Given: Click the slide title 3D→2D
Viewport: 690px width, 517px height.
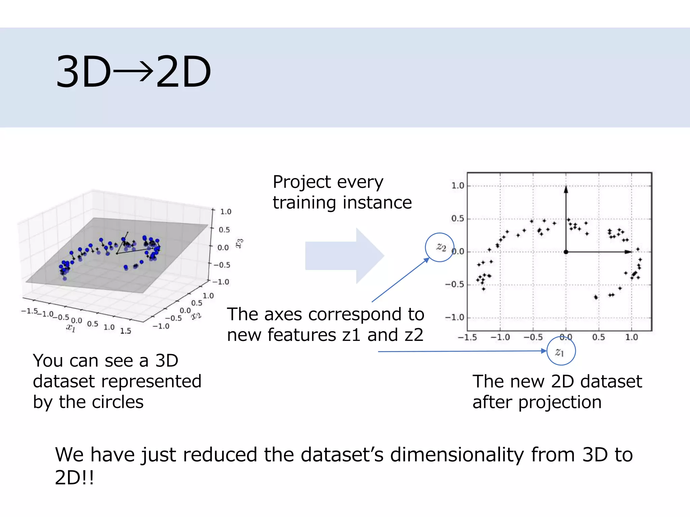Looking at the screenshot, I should (133, 72).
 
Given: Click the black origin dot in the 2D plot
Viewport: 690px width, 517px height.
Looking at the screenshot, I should (566, 252).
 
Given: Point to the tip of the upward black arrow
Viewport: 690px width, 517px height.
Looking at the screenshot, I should (566, 187).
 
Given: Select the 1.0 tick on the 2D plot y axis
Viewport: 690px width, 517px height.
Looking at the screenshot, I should (458, 185).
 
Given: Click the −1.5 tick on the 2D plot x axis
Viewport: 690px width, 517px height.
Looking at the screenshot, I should (467, 337).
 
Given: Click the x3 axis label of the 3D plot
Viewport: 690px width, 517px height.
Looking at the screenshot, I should (239, 243).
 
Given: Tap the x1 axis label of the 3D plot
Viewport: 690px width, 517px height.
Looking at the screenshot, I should (71, 328).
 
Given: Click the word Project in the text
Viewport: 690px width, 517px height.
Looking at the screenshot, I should (302, 182).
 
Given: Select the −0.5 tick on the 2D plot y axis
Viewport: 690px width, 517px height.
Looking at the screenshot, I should (455, 284).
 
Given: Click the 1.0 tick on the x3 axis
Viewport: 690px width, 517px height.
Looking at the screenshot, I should (225, 212).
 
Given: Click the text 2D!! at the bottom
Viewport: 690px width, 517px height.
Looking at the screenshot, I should (74, 477).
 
